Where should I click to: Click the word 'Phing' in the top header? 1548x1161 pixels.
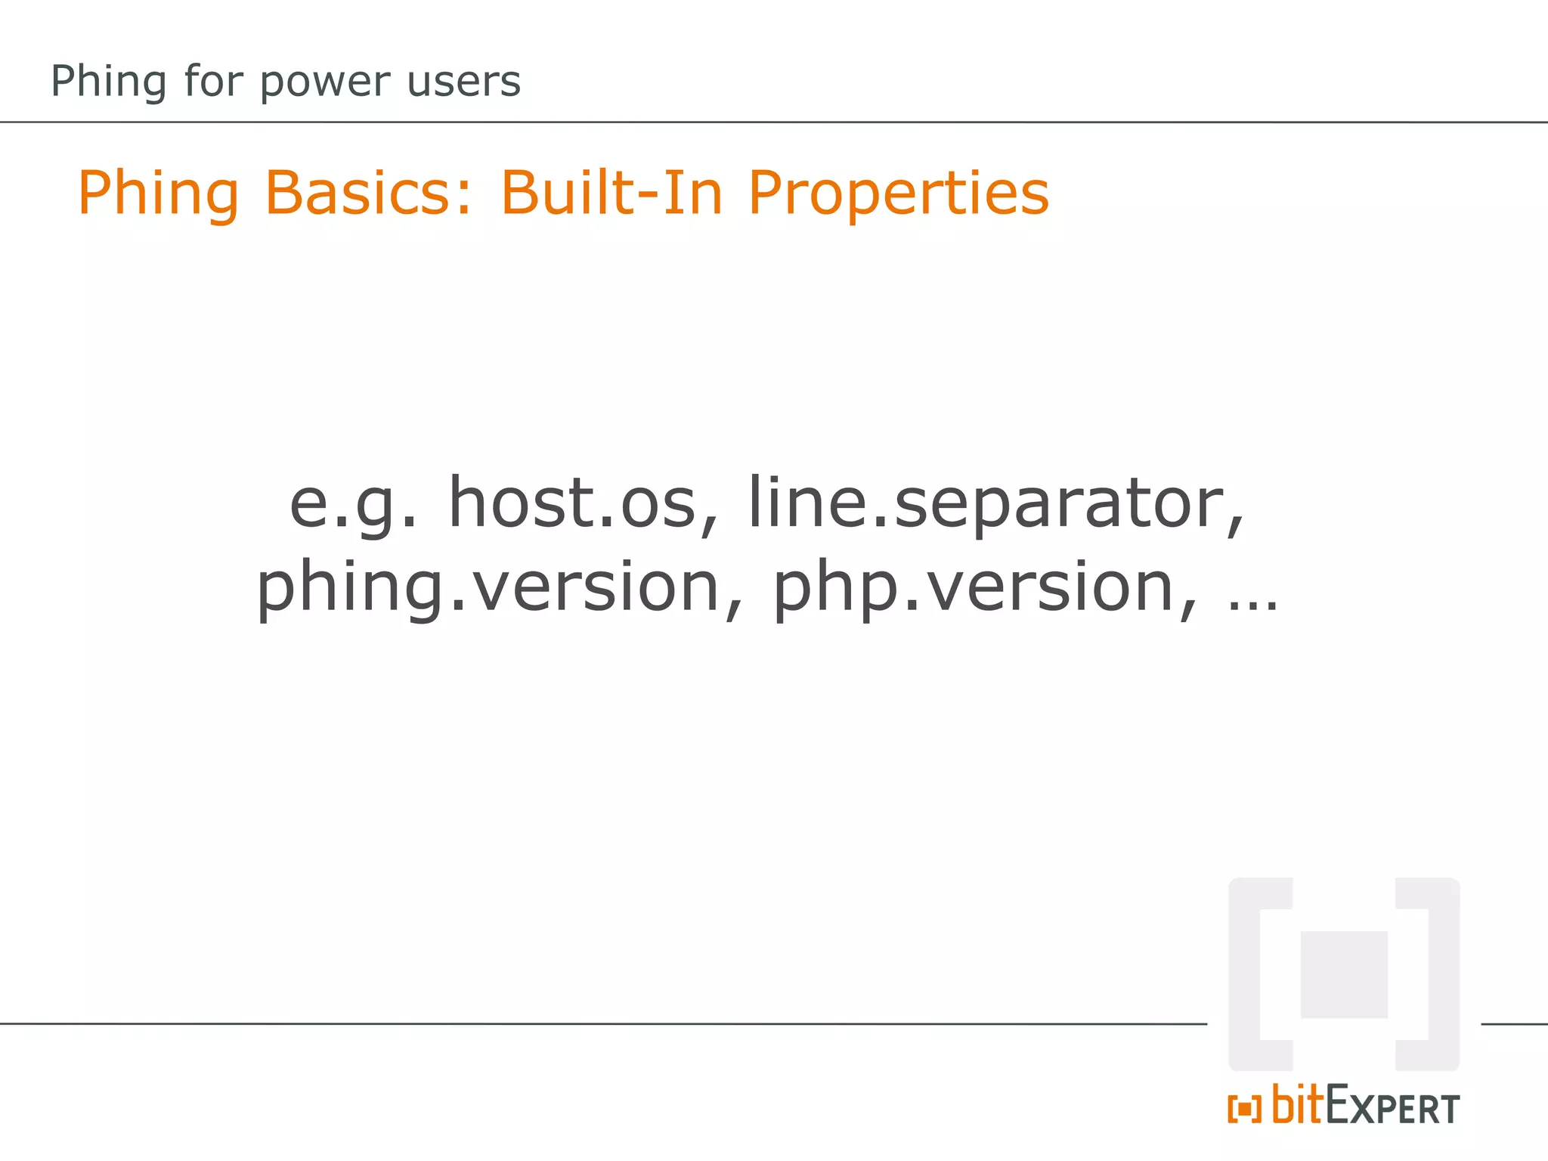tap(107, 82)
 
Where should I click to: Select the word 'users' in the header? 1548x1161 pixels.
tap(463, 82)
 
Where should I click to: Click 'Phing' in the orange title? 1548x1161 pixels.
tap(158, 194)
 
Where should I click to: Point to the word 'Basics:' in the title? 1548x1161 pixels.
tap(368, 193)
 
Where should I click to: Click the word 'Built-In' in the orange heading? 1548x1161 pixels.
tap(611, 193)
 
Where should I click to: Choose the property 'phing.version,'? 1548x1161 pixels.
tap(500, 589)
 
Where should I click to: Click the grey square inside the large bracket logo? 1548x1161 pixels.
tap(1343, 974)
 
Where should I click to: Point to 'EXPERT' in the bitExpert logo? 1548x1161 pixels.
tap(1392, 1108)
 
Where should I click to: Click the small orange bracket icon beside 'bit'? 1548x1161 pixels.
tap(1244, 1110)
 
